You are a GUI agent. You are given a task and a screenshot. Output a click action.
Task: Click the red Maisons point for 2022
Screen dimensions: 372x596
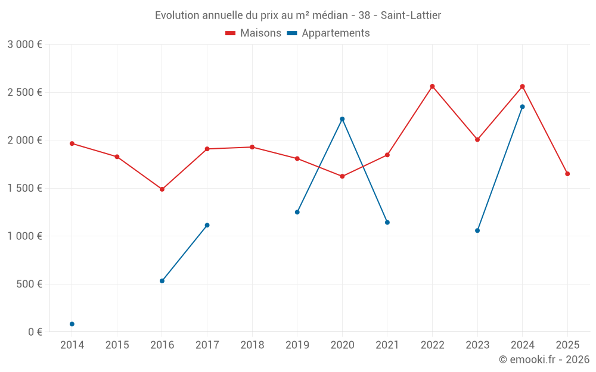(x=433, y=86)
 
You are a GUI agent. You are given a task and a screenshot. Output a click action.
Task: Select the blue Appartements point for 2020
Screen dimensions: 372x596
(x=342, y=119)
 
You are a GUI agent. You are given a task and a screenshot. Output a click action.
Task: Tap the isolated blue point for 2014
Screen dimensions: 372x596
(x=72, y=324)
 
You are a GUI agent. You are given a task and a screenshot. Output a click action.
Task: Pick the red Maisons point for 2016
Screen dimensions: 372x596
(x=162, y=189)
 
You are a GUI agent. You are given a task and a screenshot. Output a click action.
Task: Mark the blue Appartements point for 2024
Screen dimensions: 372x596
(x=523, y=107)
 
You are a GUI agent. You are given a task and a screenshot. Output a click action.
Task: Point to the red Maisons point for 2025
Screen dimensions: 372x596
(x=567, y=174)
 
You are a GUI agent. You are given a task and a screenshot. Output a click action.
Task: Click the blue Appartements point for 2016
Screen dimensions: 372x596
(x=162, y=281)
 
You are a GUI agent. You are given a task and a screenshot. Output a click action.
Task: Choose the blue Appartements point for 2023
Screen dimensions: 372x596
(x=477, y=230)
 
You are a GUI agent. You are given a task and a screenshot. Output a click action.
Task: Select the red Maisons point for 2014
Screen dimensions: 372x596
(x=72, y=143)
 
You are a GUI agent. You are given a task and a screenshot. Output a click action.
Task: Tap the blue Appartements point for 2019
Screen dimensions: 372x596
(x=297, y=212)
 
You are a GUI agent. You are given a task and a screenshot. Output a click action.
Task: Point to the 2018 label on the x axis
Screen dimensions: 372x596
(x=252, y=345)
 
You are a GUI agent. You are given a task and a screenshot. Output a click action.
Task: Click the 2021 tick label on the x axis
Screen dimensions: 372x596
(x=387, y=345)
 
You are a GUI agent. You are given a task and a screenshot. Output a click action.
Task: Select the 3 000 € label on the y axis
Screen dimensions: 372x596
(x=24, y=45)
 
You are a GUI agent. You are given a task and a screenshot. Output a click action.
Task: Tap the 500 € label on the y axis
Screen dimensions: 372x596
(x=29, y=284)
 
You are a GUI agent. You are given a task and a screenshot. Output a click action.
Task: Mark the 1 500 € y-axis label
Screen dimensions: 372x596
(x=24, y=188)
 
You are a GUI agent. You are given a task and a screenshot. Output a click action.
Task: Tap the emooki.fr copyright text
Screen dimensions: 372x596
(x=544, y=360)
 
